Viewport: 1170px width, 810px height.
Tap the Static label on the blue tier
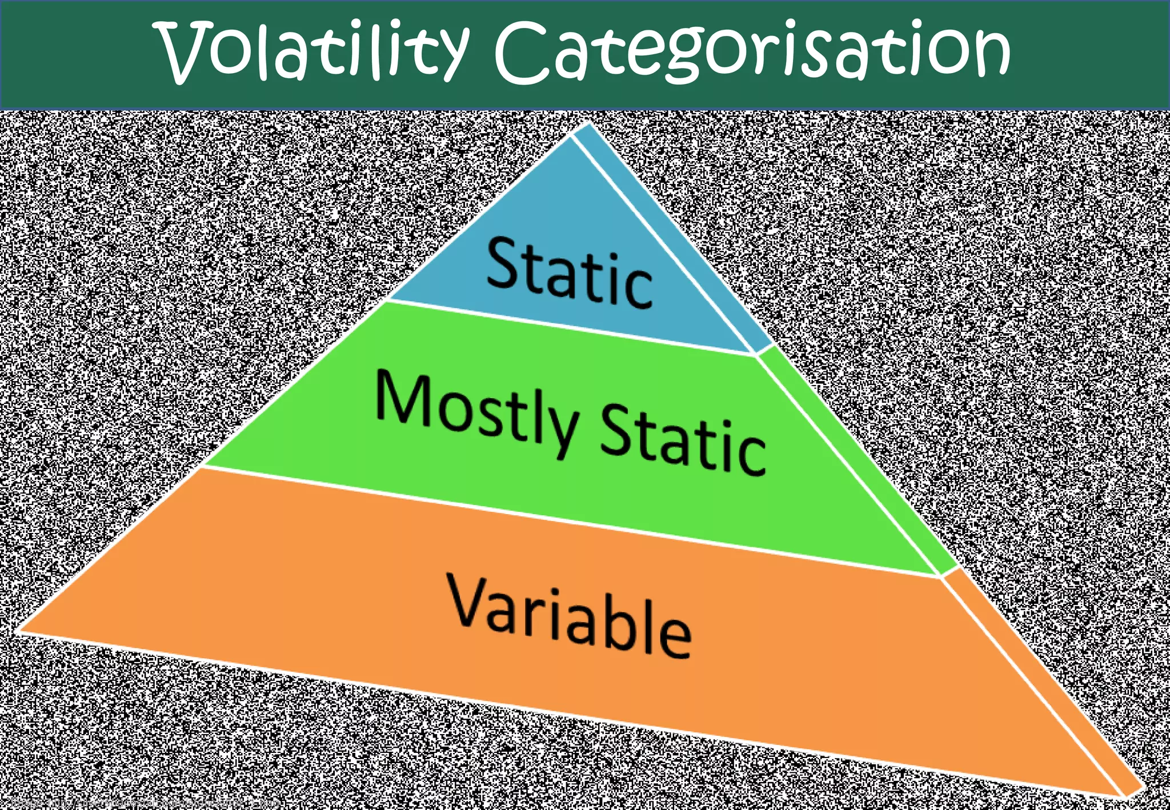click(569, 273)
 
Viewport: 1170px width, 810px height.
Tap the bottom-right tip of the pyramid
click(1137, 793)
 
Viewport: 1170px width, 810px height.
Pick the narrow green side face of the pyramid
click(857, 457)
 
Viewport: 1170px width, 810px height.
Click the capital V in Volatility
click(183, 51)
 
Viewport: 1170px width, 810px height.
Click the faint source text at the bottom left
click(143, 803)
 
